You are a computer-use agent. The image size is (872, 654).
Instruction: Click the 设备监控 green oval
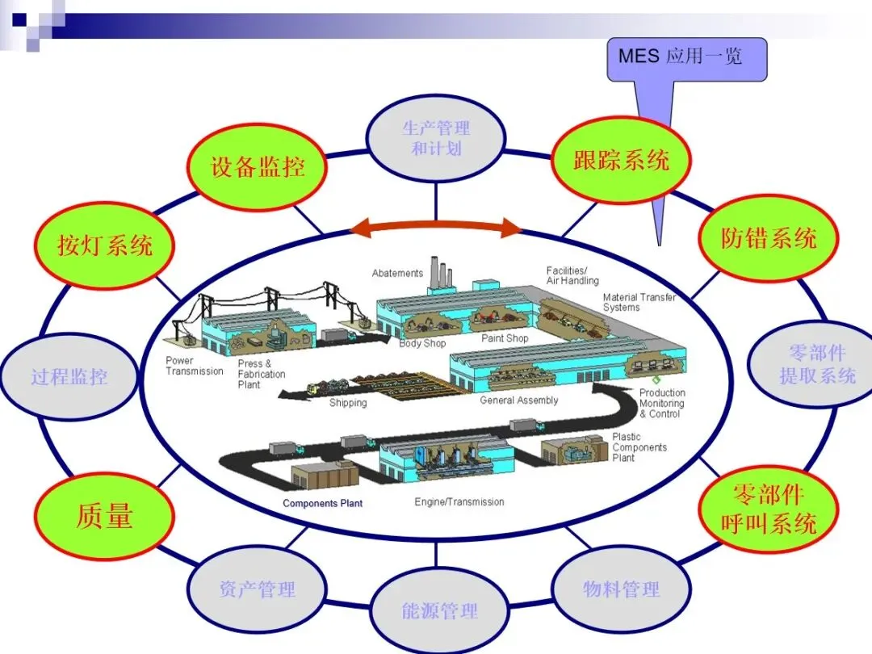coord(258,167)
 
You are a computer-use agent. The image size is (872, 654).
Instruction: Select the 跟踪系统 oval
coord(621,159)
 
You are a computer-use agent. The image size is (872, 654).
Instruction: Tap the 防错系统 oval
coord(768,237)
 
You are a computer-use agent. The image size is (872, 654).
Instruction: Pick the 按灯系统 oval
coord(105,245)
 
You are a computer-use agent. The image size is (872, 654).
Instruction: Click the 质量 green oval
coord(105,516)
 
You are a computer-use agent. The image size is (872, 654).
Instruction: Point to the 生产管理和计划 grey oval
coord(436,138)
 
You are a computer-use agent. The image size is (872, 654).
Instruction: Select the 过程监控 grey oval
coord(69,376)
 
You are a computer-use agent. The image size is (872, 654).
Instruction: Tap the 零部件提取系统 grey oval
coord(815,364)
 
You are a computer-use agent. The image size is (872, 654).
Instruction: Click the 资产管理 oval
coord(258,589)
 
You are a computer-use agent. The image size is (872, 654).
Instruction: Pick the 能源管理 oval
coord(439,610)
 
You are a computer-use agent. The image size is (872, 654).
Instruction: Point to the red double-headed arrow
coord(436,228)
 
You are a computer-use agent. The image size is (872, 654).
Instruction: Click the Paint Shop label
coord(505,338)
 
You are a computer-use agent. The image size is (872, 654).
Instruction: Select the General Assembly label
coord(518,400)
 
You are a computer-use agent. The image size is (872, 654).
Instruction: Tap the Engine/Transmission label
coord(459,501)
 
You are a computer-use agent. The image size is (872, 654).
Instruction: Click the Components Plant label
coord(322,503)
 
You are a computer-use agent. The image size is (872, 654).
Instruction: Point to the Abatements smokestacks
coord(439,277)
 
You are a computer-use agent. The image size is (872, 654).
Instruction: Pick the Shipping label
coord(348,403)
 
